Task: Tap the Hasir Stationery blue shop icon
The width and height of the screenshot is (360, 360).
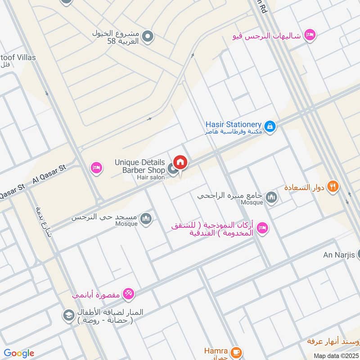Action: click(270, 127)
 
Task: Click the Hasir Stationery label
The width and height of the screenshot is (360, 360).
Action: click(234, 124)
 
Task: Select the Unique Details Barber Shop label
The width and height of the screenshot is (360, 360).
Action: click(140, 166)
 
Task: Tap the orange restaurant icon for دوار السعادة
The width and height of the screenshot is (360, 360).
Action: click(333, 186)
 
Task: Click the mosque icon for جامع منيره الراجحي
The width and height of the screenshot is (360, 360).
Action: click(271, 197)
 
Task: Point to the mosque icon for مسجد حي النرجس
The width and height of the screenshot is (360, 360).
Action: click(146, 219)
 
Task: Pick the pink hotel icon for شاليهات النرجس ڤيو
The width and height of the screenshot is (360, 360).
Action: click(310, 35)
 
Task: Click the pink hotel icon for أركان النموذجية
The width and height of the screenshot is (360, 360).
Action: click(263, 228)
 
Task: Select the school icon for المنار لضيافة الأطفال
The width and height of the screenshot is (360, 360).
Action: click(69, 315)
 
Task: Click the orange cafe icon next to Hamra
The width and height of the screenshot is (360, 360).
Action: click(235, 351)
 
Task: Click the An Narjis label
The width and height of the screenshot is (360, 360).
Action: click(339, 255)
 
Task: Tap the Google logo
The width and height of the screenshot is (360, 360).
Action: click(19, 353)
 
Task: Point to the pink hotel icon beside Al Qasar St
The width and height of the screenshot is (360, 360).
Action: click(96, 168)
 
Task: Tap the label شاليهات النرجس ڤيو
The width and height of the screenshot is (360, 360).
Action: click(268, 36)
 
